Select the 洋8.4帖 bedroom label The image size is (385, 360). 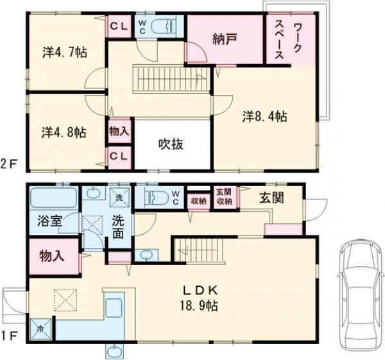[264, 116]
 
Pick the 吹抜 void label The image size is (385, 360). [171, 144]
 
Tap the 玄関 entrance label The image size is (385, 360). [271, 197]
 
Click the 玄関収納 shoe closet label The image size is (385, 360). [223, 196]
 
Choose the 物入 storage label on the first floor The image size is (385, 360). [52, 255]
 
